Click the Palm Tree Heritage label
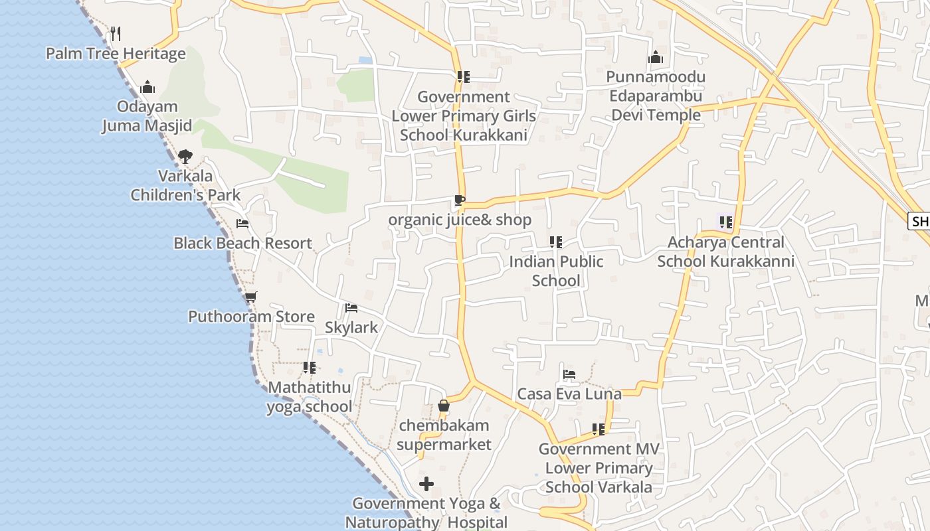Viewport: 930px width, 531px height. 116,54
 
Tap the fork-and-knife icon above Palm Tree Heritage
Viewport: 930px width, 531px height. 116,33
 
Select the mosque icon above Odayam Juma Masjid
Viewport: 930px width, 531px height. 147,87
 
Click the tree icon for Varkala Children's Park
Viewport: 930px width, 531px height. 185,157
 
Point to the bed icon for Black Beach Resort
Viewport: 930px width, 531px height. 242,224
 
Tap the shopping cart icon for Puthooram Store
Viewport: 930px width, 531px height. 250,297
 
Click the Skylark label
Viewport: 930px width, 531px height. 351,327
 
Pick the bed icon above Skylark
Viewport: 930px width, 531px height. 351,308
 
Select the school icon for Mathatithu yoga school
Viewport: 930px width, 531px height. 309,367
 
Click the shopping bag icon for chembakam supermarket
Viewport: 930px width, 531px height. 444,406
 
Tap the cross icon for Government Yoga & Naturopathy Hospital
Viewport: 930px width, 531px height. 426,484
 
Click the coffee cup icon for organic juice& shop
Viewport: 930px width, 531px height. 459,200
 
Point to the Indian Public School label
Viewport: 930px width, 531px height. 556,271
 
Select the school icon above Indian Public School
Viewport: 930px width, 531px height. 556,242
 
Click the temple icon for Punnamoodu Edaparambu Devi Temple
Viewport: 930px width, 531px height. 656,57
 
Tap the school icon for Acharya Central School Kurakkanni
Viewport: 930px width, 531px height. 725,222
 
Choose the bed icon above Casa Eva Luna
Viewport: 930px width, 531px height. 569,374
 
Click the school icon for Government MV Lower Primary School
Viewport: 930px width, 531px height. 599,429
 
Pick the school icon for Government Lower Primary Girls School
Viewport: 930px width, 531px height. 464,77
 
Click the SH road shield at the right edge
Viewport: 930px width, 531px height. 919,222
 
